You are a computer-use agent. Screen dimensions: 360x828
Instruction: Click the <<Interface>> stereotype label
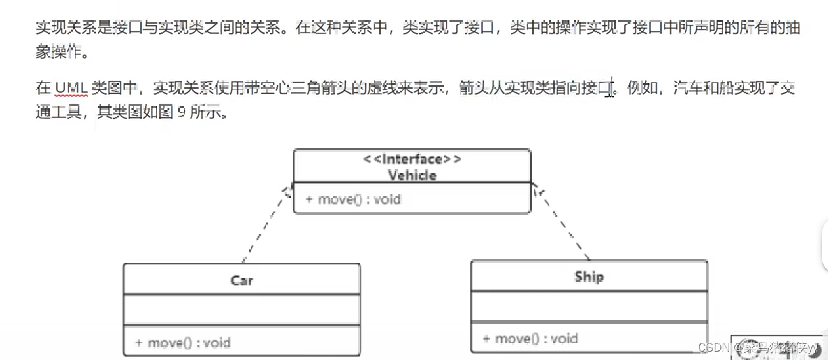412,159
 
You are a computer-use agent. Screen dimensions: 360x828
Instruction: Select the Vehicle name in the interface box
412,175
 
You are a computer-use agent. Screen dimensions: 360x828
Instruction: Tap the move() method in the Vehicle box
352,199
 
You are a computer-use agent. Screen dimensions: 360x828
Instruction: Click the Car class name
242,280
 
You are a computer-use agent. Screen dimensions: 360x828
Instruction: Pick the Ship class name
588,277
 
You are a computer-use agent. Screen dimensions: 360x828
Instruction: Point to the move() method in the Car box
182,342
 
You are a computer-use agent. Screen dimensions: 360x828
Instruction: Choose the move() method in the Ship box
530,338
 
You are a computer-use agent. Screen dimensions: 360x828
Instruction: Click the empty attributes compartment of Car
242,310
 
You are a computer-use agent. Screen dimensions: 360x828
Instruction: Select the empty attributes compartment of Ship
589,306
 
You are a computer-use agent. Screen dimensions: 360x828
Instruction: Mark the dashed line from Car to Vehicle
266,223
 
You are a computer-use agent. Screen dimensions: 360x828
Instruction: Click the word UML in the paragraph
70,87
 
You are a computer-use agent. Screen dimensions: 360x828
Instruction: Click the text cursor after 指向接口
612,88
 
